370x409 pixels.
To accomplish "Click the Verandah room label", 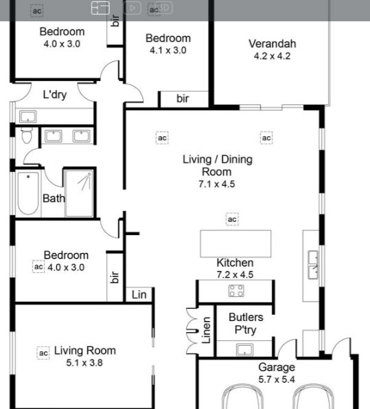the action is [273, 44].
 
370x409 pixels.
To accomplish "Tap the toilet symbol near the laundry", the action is [27, 135].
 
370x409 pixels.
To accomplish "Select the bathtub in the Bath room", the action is [28, 193].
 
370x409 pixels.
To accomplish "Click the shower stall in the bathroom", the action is [79, 193].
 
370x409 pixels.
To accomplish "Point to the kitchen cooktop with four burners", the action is [236, 291].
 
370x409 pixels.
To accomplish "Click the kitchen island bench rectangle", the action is [235, 243].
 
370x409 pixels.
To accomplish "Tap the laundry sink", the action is [28, 117].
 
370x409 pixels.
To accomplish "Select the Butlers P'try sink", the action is [244, 349].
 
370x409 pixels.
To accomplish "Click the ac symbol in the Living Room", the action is [43, 353].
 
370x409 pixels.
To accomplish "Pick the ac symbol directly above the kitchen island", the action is [232, 219].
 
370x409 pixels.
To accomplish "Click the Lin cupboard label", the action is [139, 295].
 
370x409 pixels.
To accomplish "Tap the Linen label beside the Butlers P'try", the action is [206, 330].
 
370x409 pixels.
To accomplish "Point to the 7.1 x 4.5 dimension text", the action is [217, 184].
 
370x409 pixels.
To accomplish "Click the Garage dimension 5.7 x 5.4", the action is [277, 379].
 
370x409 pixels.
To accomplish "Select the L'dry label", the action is [55, 94].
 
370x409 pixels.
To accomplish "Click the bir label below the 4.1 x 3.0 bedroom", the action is [183, 98].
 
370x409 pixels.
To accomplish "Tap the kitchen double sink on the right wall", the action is [313, 265].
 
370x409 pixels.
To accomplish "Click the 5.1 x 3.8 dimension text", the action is [84, 363].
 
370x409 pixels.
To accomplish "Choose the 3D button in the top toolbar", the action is [164, 8].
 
